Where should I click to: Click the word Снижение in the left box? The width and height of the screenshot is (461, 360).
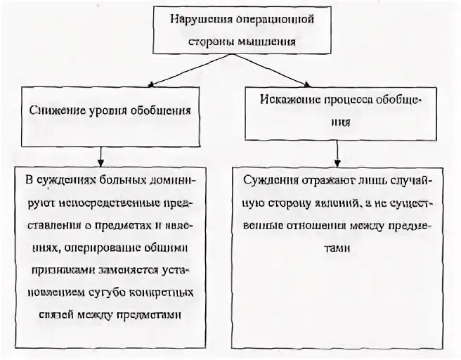(x=58, y=110)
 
